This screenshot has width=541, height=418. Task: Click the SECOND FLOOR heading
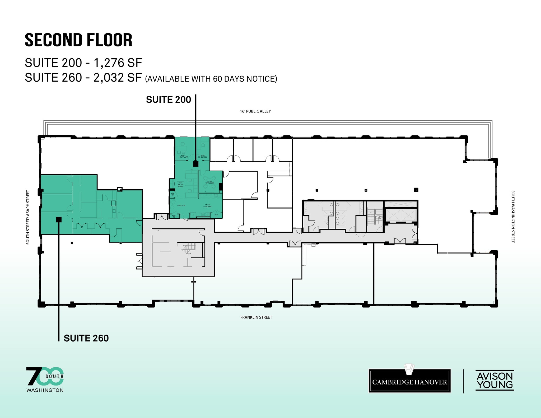[x=78, y=40]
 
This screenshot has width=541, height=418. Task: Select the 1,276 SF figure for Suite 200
[x=118, y=63]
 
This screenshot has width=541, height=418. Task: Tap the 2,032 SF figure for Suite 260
[x=118, y=78]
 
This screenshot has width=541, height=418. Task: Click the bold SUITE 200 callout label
[x=168, y=100]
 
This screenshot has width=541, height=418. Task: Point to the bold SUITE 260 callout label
[x=86, y=338]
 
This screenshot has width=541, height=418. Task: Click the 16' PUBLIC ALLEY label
[x=255, y=111]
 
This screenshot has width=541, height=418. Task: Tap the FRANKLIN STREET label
[x=256, y=317]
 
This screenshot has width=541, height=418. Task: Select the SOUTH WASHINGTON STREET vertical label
[x=513, y=216]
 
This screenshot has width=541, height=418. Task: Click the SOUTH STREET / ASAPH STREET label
[x=28, y=217]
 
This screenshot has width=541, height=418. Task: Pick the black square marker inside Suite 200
[x=195, y=164]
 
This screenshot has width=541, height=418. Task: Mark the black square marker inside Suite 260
[x=59, y=219]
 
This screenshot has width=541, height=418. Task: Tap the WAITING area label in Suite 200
[x=181, y=205]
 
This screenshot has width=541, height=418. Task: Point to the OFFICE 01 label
[x=183, y=157]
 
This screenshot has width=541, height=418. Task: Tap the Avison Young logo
[x=495, y=381]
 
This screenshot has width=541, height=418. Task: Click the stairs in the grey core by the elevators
[x=375, y=217]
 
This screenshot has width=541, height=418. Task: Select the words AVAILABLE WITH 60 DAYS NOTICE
[x=211, y=79]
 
